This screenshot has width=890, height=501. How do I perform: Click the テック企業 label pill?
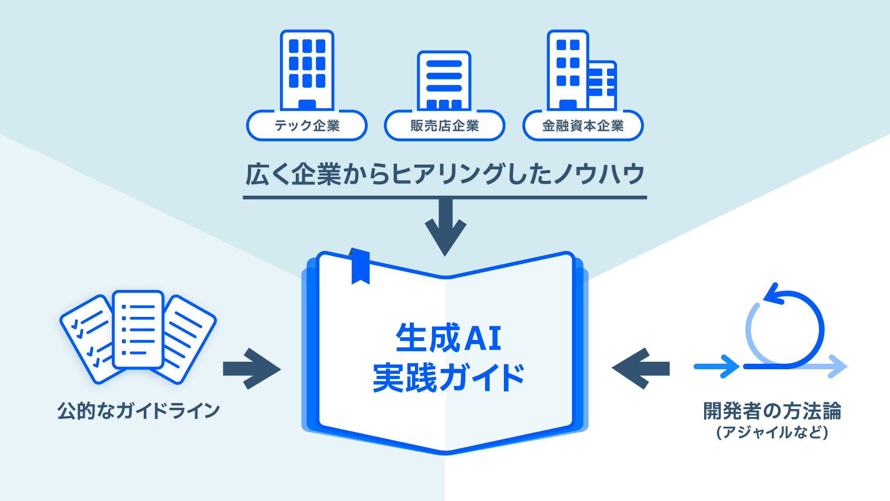click(x=307, y=126)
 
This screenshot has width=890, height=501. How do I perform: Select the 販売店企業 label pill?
click(x=445, y=126)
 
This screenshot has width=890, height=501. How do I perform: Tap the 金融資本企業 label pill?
click(x=583, y=126)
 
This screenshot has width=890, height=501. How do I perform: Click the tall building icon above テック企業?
click(x=307, y=70)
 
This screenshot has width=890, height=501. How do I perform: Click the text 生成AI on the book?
click(x=448, y=338)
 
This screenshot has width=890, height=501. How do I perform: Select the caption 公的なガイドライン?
click(x=139, y=411)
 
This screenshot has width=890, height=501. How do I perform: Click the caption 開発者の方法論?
click(x=772, y=411)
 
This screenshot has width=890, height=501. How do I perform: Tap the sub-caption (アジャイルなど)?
click(x=772, y=432)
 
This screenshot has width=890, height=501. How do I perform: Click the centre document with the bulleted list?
click(x=138, y=329)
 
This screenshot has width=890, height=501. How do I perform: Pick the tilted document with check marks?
click(x=88, y=339)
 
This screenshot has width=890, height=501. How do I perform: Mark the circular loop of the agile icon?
click(x=785, y=329)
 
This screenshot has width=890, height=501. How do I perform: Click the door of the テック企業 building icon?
click(x=307, y=105)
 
